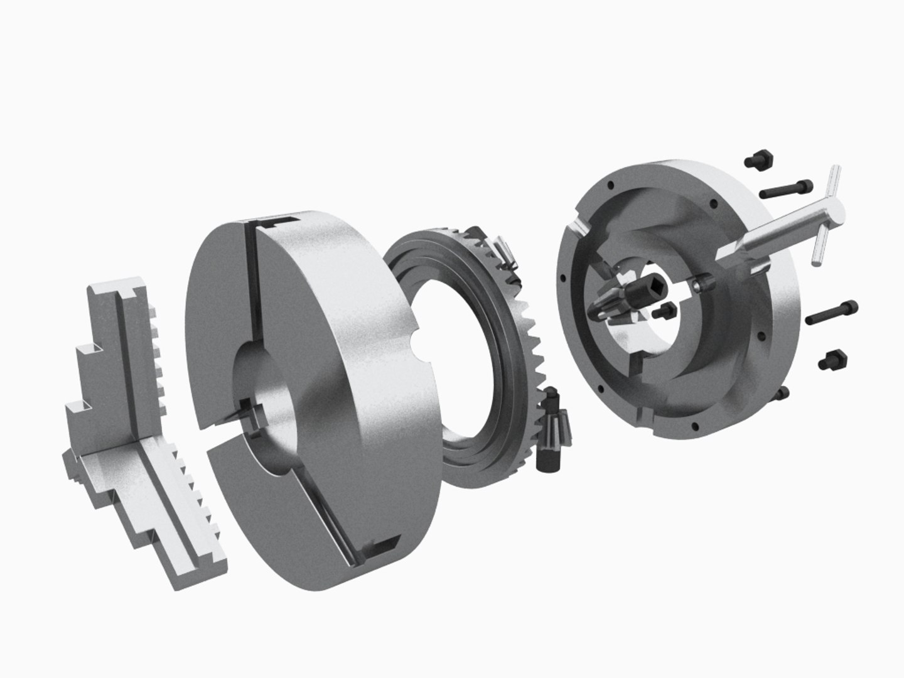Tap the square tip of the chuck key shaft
click(x=722, y=254)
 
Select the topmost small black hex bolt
click(x=756, y=160)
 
